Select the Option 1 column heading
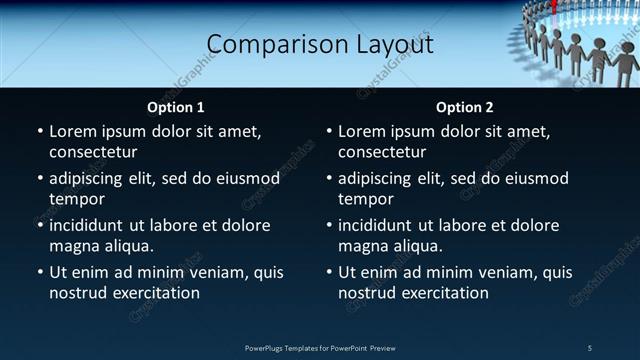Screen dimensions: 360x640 (176, 107)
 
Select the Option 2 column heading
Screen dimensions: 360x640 (465, 107)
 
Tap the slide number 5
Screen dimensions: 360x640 (590, 348)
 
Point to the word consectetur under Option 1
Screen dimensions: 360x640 (93, 152)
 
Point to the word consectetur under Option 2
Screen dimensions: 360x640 (382, 152)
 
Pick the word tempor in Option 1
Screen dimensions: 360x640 (76, 199)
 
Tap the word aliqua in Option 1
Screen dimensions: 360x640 (130, 245)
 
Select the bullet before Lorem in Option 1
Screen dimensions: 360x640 (39, 131)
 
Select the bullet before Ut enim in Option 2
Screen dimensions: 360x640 (328, 272)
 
